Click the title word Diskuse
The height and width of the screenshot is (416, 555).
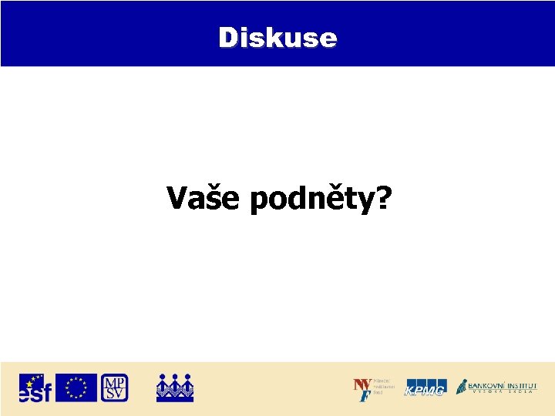[277, 37]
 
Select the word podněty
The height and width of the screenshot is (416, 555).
[311, 200]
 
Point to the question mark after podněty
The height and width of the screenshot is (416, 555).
[381, 199]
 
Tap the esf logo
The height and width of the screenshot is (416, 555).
[35, 387]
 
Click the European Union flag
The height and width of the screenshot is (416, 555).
[76, 387]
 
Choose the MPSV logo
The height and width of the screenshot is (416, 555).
[115, 387]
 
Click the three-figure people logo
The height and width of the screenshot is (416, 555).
[175, 387]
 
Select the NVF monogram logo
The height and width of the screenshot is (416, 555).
[362, 389]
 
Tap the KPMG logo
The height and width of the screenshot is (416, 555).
[425, 389]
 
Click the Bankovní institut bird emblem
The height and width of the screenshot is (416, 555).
[462, 386]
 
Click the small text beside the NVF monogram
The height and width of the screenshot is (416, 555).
[383, 387]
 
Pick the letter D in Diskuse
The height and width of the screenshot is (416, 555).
[228, 37]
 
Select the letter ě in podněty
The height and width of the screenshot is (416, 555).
[333, 199]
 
